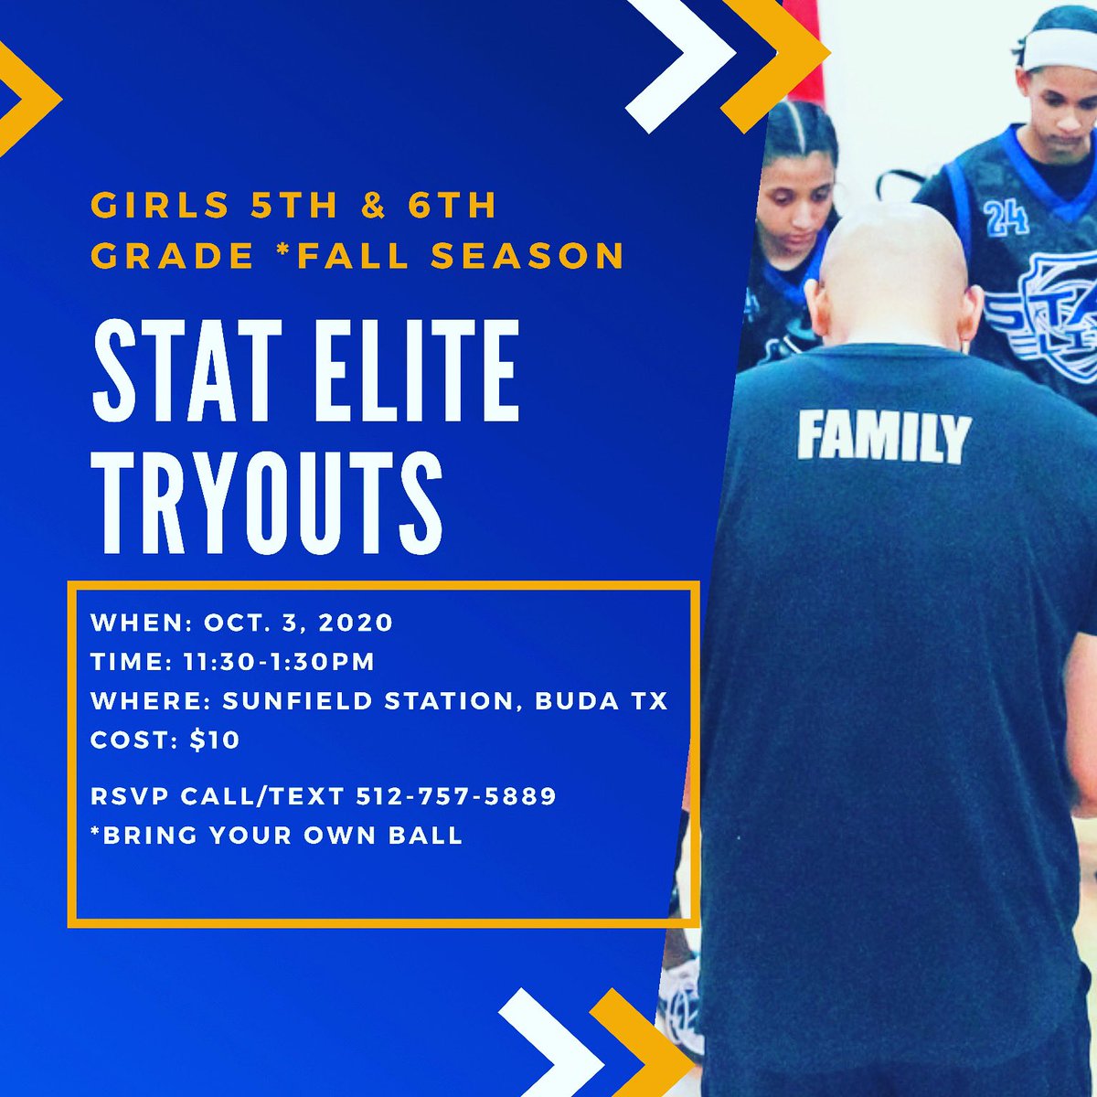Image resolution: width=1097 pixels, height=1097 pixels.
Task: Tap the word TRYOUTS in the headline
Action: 267,499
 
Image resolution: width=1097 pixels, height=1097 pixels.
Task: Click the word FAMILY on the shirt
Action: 882,437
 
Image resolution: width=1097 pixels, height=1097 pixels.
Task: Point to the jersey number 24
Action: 1006,219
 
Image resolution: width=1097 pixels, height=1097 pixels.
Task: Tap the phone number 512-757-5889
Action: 456,796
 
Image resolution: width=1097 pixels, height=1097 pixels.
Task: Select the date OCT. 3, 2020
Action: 298,623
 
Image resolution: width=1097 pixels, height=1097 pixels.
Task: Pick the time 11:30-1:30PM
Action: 279,662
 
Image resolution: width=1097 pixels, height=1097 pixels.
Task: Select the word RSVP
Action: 128,796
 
